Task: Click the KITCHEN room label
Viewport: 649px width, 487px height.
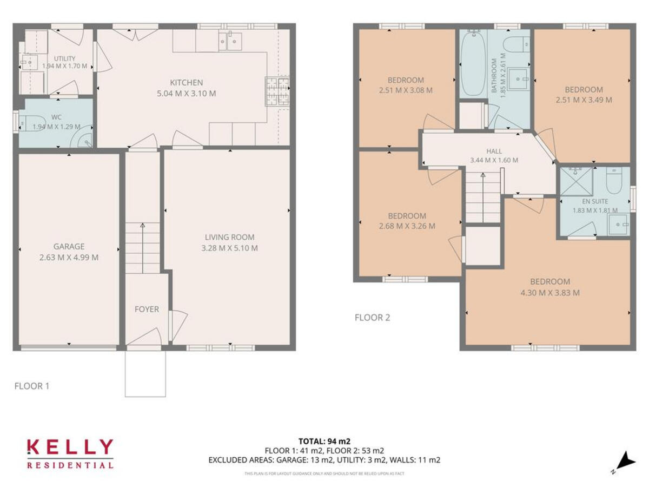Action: [x=187, y=83]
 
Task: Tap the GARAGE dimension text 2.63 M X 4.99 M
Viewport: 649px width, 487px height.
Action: [x=69, y=258]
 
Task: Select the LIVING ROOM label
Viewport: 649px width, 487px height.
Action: [x=229, y=237]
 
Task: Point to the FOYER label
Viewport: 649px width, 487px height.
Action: [x=147, y=310]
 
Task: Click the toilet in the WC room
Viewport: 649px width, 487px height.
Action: [x=30, y=124]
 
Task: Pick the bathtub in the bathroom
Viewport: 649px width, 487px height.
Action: [x=473, y=63]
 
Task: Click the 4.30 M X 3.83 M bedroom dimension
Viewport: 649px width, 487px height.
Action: [x=549, y=293]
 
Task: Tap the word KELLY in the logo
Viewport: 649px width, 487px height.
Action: [x=70, y=447]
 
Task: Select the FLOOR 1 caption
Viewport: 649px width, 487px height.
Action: [x=32, y=386]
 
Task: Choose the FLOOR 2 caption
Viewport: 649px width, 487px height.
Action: [x=372, y=318]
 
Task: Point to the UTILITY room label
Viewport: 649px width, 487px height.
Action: [x=64, y=58]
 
